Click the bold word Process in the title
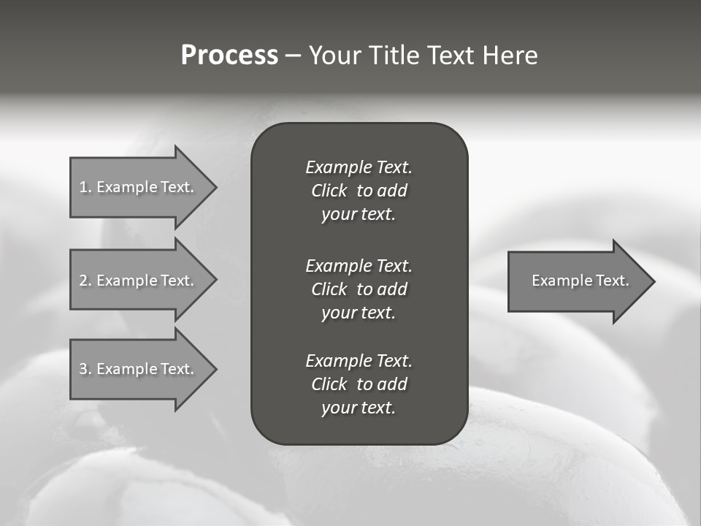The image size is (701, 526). pos(229,56)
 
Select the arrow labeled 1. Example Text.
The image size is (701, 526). pos(137,187)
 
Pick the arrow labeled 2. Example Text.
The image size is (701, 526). pos(137,281)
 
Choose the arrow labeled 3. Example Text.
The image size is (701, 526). pos(137,369)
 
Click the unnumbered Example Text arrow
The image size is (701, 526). pos(580,281)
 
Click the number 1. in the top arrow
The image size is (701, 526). pos(85,187)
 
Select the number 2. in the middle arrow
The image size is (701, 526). pos(85,281)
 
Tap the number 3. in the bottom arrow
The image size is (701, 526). pos(85,369)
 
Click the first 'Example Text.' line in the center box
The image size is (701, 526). pos(359,167)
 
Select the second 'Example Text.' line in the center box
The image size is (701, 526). pos(359,265)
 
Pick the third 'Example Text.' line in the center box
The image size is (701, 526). pos(359,361)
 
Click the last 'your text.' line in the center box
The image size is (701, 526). pos(359,408)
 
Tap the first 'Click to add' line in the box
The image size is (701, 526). pos(359,191)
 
